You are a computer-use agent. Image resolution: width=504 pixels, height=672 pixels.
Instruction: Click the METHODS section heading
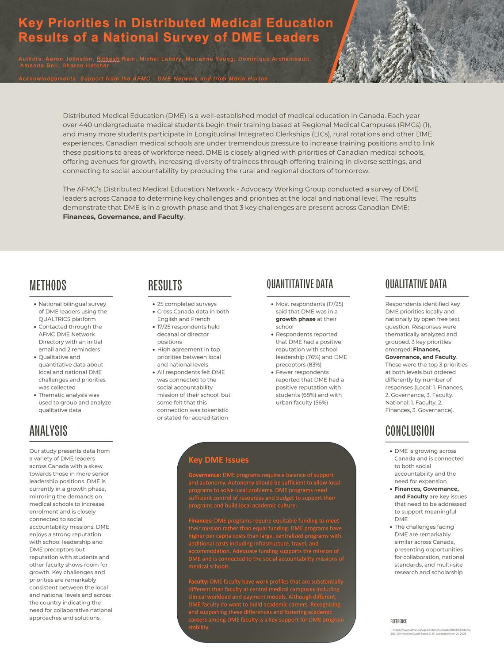pyautogui.click(x=48, y=286)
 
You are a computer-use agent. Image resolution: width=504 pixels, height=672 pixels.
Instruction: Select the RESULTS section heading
pyautogui.click(x=165, y=286)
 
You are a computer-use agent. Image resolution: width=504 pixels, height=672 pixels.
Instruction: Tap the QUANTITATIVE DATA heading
pyautogui.click(x=300, y=284)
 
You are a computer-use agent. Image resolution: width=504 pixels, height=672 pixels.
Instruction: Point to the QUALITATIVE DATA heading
pyautogui.click(x=416, y=284)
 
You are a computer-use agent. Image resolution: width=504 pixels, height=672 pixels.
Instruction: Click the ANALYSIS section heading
pyautogui.click(x=48, y=431)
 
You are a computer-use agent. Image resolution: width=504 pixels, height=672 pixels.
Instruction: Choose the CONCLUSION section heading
pyautogui.click(x=410, y=431)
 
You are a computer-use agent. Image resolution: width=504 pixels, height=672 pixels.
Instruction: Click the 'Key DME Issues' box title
pyautogui.click(x=218, y=460)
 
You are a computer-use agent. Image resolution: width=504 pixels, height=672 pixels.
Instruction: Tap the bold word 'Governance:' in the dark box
pyautogui.click(x=205, y=475)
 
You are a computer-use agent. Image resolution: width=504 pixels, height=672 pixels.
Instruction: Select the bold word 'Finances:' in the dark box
pyautogui.click(x=201, y=521)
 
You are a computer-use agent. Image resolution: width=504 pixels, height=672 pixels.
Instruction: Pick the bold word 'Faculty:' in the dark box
pyautogui.click(x=199, y=582)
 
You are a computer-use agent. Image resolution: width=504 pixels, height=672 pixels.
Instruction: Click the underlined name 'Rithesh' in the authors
pyautogui.click(x=108, y=59)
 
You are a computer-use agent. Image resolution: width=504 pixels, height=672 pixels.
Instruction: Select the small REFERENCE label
pyautogui.click(x=398, y=621)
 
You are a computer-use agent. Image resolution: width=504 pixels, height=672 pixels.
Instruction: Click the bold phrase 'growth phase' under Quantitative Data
pyautogui.click(x=296, y=319)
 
